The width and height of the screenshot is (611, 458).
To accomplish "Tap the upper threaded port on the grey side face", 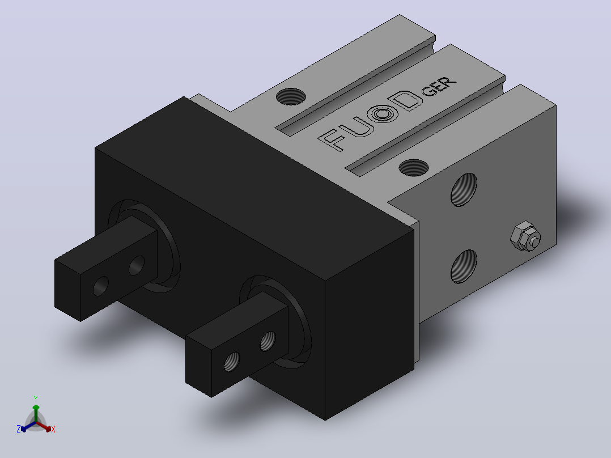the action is [464, 189].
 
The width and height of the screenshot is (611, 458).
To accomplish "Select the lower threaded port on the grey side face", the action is [464, 266].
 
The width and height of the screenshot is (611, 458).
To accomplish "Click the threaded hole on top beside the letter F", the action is [291, 96].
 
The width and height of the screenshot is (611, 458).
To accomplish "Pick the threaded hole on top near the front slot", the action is [413, 168].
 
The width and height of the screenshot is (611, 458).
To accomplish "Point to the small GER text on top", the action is [439, 87].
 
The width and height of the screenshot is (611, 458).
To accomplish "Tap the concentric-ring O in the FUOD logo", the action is [382, 115].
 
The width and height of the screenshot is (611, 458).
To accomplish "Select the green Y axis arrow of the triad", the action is [36, 413].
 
